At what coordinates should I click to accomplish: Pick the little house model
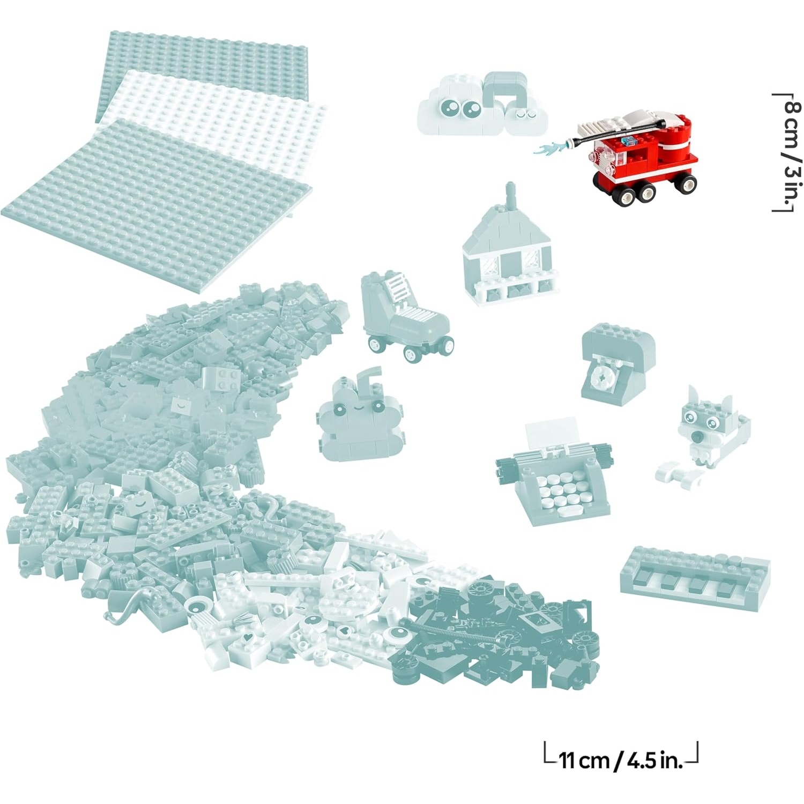point(509,249)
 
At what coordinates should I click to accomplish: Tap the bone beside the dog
point(677,474)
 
